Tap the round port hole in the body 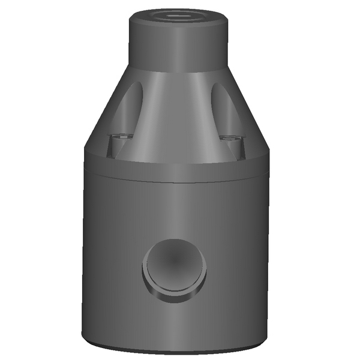pos(175,265)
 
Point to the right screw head pos(229,139)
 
